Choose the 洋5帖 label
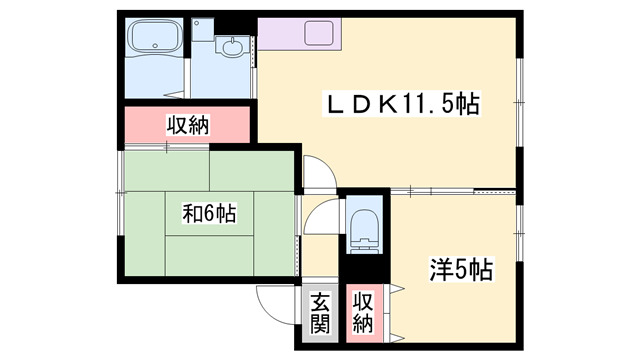click(459, 271)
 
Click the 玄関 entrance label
click(319, 312)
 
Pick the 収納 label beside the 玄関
click(361, 312)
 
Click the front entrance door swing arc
click(274, 300)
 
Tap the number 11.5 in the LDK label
click(431, 104)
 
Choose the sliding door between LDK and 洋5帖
click(450, 190)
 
